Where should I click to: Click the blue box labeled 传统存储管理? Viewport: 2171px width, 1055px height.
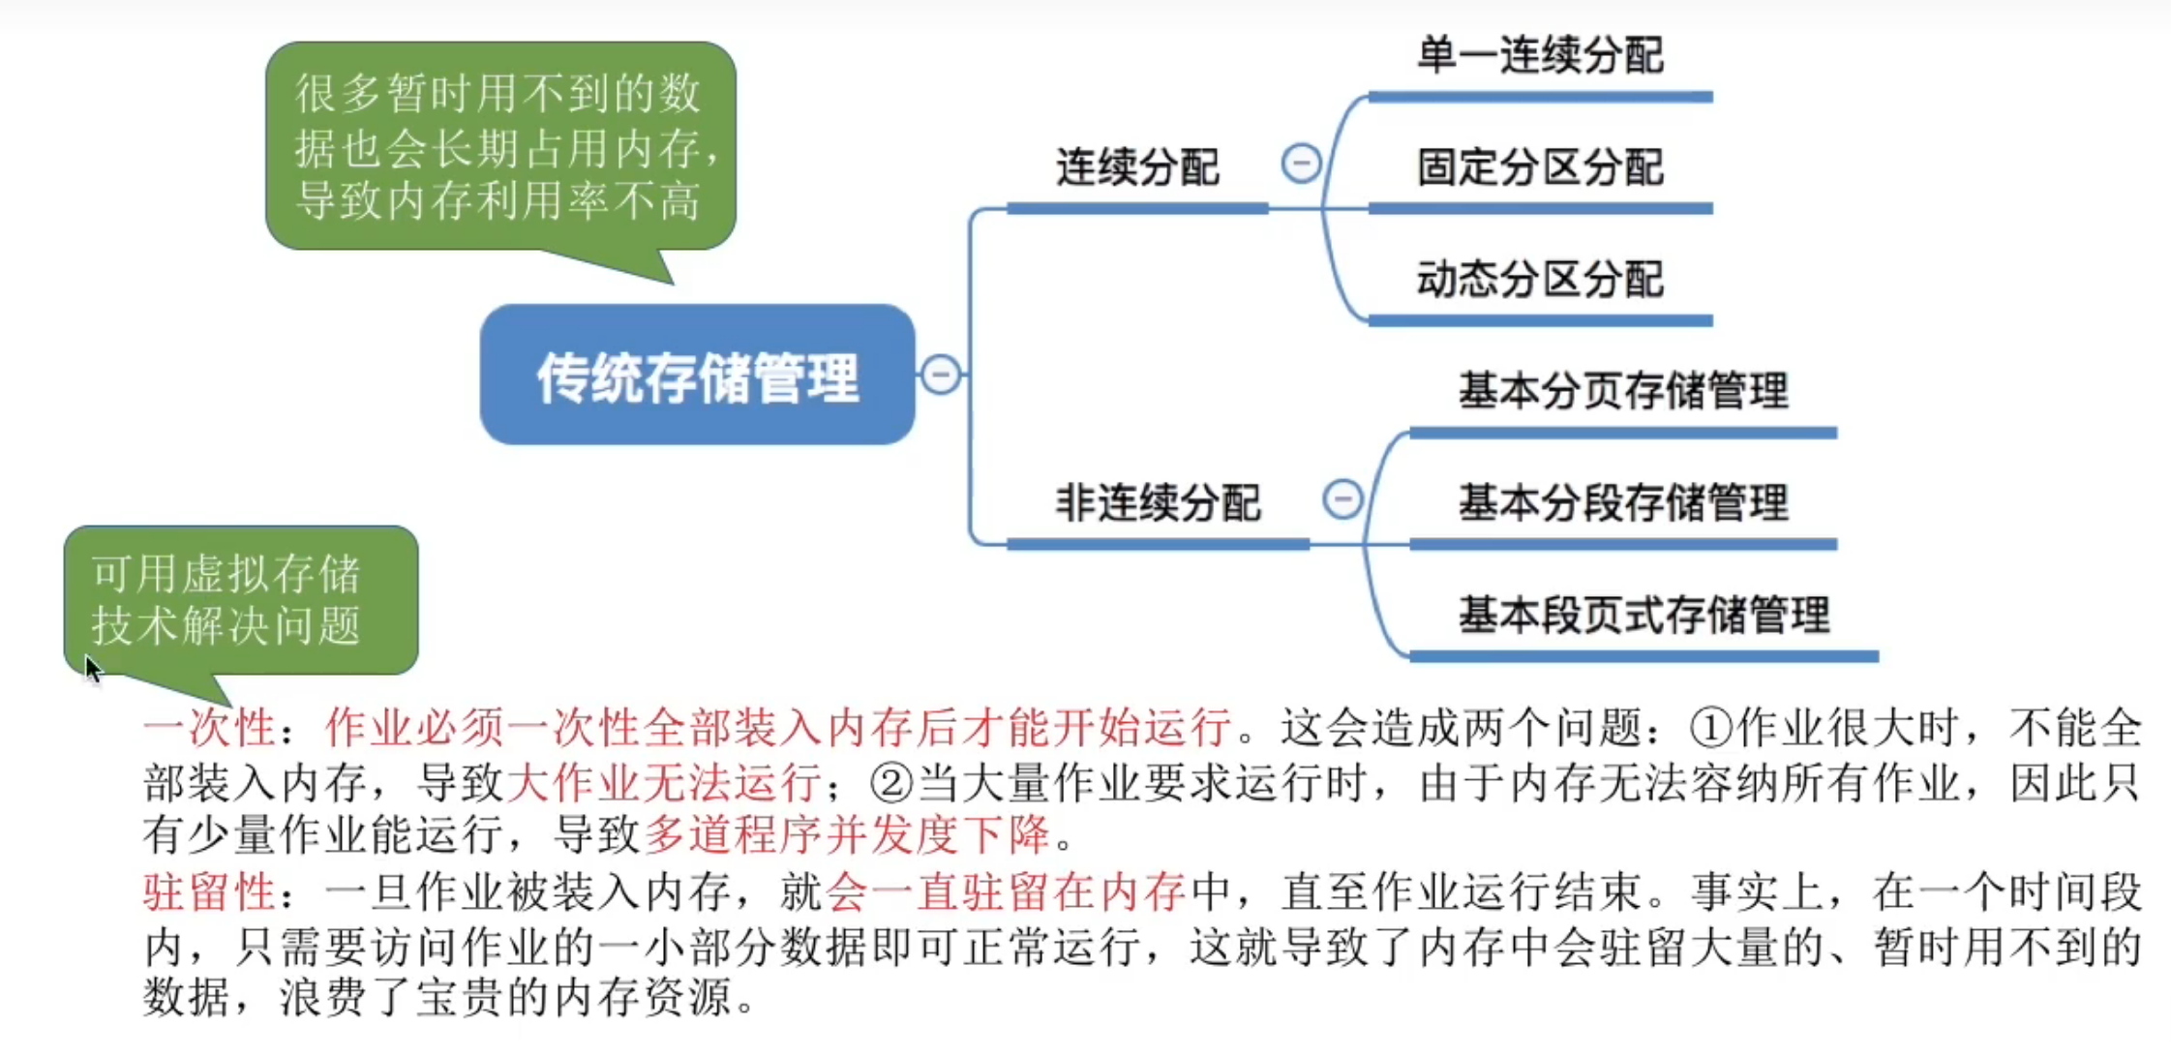pyautogui.click(x=697, y=376)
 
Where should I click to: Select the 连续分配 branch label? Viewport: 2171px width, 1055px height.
pyautogui.click(x=1137, y=167)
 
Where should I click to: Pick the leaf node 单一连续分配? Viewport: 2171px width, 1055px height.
pyautogui.click(x=1540, y=55)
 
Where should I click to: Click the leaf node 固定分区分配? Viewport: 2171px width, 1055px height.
pyautogui.click(x=1540, y=167)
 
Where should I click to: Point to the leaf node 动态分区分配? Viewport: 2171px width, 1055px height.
pyautogui.click(x=1540, y=280)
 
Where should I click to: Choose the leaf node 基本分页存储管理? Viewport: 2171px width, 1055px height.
pyautogui.click(x=1623, y=391)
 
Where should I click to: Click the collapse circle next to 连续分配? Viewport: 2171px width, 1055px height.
pyautogui.click(x=1301, y=163)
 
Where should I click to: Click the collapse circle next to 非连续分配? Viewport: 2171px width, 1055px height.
pyautogui.click(x=1342, y=499)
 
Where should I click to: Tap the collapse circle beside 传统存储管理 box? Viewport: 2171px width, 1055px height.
pyautogui.click(x=941, y=375)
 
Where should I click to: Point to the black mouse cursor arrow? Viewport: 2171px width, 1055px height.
pyautogui.click(x=91, y=667)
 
